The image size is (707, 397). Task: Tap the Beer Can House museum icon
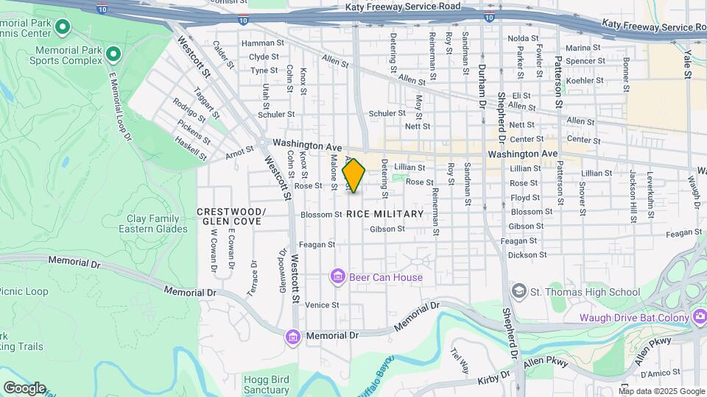(x=338, y=277)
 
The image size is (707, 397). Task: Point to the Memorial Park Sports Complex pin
(x=113, y=53)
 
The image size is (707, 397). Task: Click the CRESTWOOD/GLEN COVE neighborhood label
(x=231, y=216)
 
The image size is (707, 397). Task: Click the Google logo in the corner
(x=24, y=388)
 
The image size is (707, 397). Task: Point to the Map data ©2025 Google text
(x=660, y=391)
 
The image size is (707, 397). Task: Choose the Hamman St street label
(x=262, y=43)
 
